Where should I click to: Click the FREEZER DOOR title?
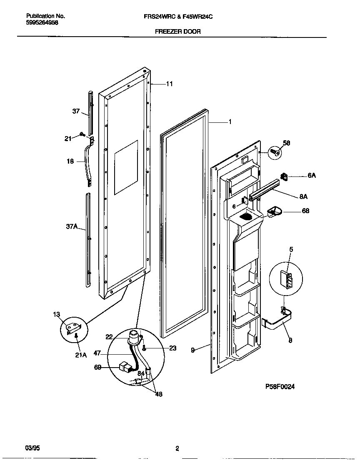(178, 31)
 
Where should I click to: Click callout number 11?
(169, 84)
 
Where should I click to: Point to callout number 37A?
(72, 226)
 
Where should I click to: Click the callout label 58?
(286, 143)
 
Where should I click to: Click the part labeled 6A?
(285, 177)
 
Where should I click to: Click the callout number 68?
(305, 211)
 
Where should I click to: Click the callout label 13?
(57, 314)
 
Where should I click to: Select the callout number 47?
(97, 353)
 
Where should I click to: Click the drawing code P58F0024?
(280, 386)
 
